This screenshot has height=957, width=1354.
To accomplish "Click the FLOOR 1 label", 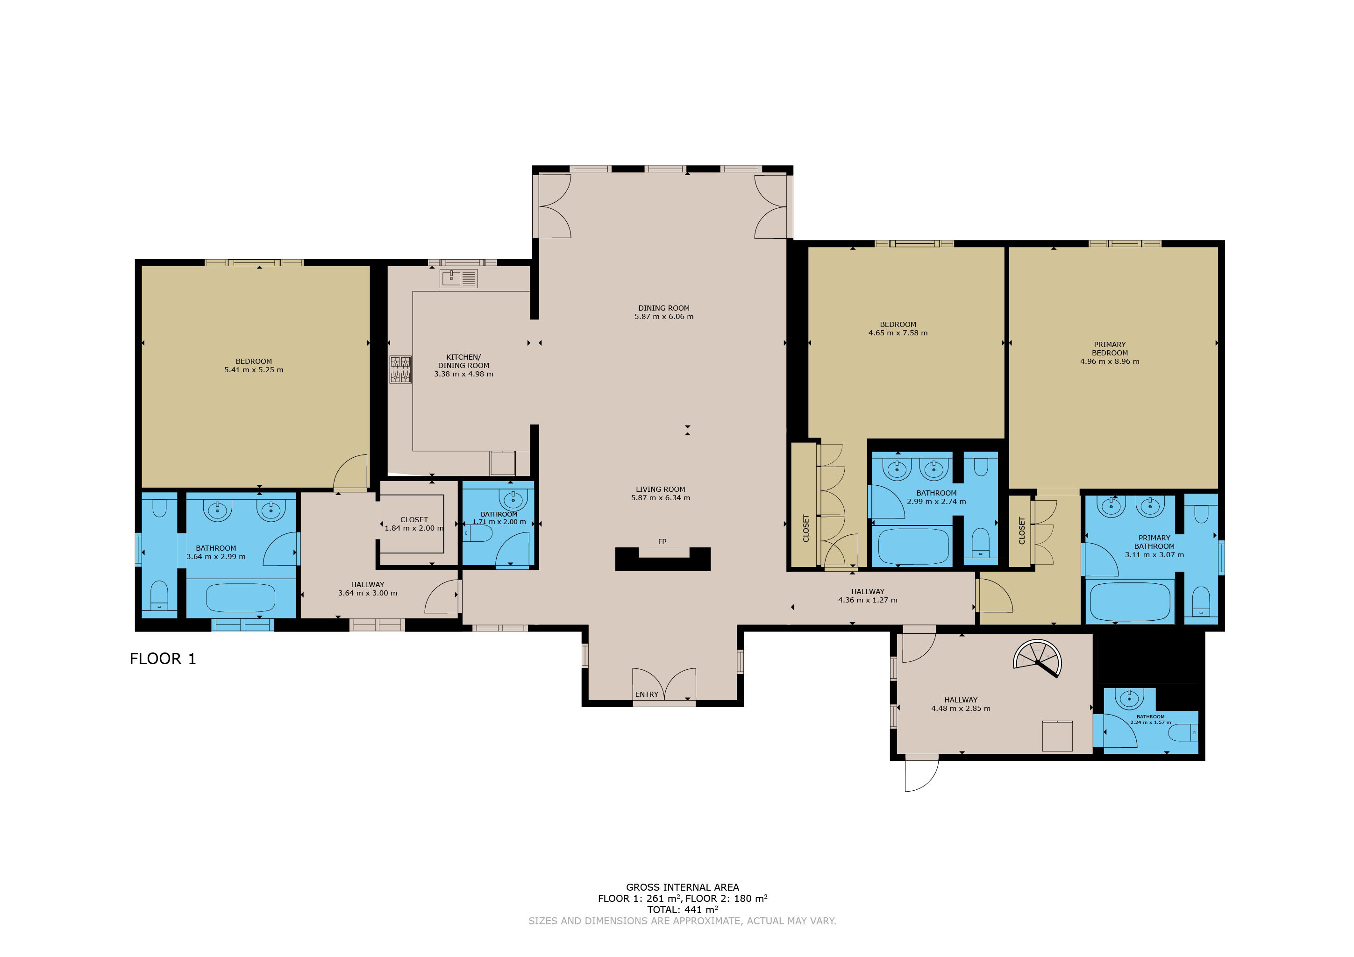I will [162, 659].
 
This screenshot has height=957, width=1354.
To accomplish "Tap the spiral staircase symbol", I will [1037, 659].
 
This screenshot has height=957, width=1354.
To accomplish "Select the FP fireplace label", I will [662, 541].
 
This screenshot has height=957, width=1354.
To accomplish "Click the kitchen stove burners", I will [400, 370].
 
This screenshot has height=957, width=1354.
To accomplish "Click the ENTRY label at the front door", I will [646, 694].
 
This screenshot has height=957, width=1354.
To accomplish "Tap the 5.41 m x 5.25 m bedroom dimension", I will [254, 370].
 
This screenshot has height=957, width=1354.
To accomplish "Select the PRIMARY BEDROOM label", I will [1109, 348].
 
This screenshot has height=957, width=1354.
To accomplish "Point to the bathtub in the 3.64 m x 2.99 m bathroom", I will [240, 598].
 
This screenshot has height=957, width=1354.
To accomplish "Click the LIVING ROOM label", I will [661, 489].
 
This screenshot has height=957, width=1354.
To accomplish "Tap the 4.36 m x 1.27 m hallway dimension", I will [868, 600].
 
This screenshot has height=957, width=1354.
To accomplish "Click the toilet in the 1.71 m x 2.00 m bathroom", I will [479, 534].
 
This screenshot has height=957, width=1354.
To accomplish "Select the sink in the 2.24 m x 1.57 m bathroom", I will [1129, 699].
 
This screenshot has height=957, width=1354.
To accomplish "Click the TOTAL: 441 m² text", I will [682, 909].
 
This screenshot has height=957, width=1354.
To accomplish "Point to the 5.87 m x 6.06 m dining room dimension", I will [663, 317].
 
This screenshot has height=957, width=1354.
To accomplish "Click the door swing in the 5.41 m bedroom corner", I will [351, 474].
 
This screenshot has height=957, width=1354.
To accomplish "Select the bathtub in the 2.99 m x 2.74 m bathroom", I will [913, 546].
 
